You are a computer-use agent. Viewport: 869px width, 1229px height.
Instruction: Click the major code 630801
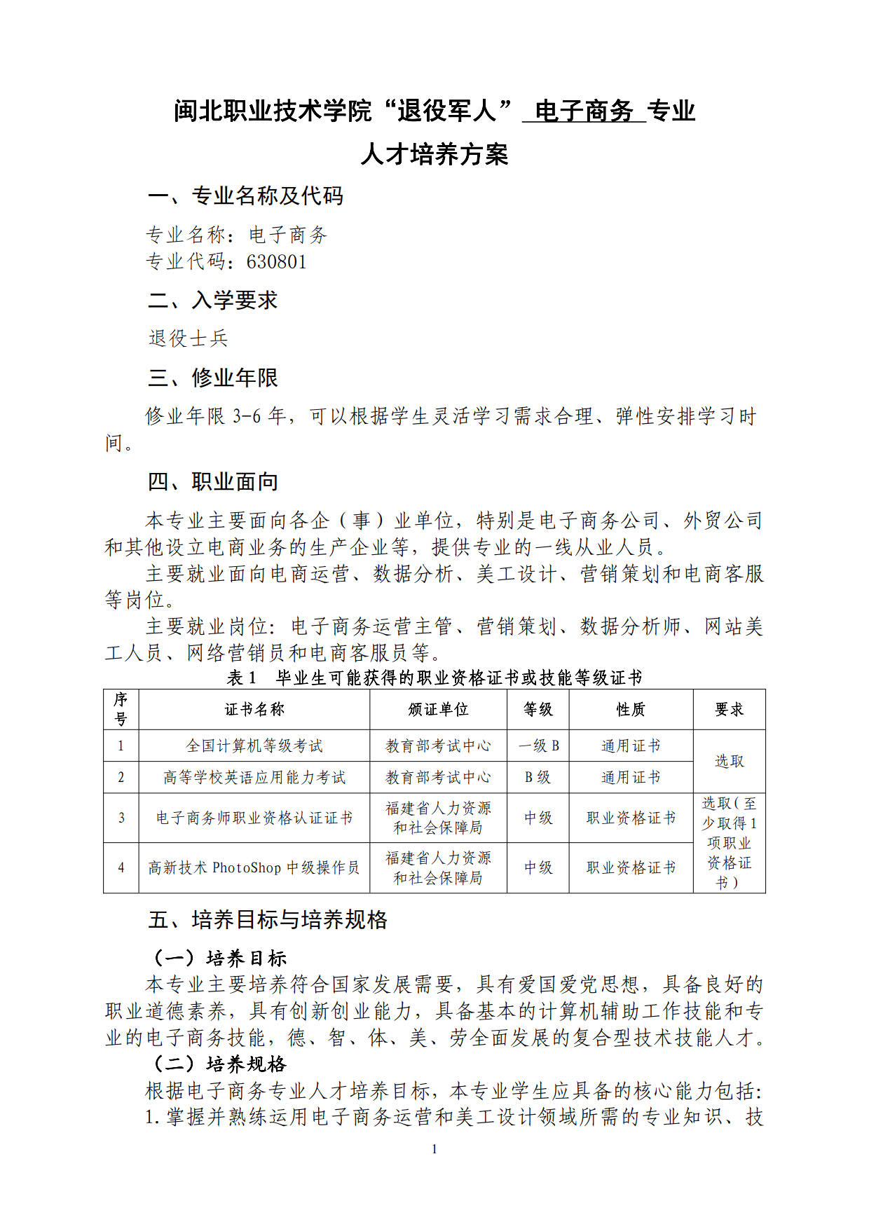point(276,262)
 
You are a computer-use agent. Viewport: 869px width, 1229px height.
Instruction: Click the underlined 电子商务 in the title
point(584,111)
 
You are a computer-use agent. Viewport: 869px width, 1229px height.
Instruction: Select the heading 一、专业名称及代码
point(245,196)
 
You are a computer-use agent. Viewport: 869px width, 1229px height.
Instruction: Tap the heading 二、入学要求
point(213,301)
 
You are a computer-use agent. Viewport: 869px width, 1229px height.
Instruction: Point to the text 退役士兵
point(189,338)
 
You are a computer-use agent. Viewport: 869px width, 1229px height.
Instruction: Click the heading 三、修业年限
point(213,378)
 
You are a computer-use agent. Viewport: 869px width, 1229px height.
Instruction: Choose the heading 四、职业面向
point(213,482)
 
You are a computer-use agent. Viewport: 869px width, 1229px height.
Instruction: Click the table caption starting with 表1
point(434,678)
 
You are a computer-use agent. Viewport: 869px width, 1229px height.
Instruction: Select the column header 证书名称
point(254,710)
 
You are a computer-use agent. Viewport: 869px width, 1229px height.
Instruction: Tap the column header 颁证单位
point(438,710)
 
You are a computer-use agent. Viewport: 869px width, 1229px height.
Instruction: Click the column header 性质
point(631,710)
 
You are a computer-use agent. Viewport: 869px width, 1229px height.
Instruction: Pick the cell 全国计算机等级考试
point(254,746)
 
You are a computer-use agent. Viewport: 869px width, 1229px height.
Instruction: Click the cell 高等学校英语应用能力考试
point(254,778)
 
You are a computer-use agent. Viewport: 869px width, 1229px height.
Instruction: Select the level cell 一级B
point(538,746)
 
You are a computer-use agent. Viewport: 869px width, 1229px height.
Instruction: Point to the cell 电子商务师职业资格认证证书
point(254,818)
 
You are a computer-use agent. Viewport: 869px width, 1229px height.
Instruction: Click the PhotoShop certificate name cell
point(254,867)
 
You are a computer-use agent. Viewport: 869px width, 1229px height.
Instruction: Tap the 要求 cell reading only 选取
point(729,762)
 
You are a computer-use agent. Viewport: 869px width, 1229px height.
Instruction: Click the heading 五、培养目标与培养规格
point(268,920)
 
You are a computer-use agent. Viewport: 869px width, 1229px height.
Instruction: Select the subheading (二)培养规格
point(220,1064)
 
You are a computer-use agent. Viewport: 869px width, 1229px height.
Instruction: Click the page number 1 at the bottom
point(434,1148)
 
